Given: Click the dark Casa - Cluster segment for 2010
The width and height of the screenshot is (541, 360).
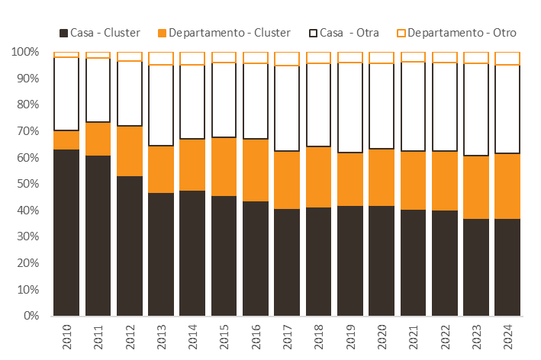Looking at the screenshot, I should (66, 233).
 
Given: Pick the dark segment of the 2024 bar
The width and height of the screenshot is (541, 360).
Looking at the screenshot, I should (507, 267).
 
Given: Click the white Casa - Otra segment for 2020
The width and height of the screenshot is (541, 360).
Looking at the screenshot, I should (382, 106).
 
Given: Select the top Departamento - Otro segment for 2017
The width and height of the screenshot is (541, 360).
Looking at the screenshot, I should (287, 59).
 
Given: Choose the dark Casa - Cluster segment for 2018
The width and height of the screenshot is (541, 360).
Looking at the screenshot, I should (318, 262).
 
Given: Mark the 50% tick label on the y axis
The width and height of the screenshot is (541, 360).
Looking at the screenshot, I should (28, 184).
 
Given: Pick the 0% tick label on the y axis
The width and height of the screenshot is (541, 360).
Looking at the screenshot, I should (31, 316).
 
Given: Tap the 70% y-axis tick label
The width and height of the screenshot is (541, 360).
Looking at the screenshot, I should (28, 131).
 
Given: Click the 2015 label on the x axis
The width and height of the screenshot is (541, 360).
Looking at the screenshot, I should (224, 336).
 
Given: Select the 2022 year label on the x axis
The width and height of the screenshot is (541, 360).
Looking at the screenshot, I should (445, 336).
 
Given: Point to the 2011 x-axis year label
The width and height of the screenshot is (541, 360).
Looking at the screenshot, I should (98, 336).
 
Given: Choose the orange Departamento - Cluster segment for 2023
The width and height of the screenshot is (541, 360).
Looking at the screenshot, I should (476, 187).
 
